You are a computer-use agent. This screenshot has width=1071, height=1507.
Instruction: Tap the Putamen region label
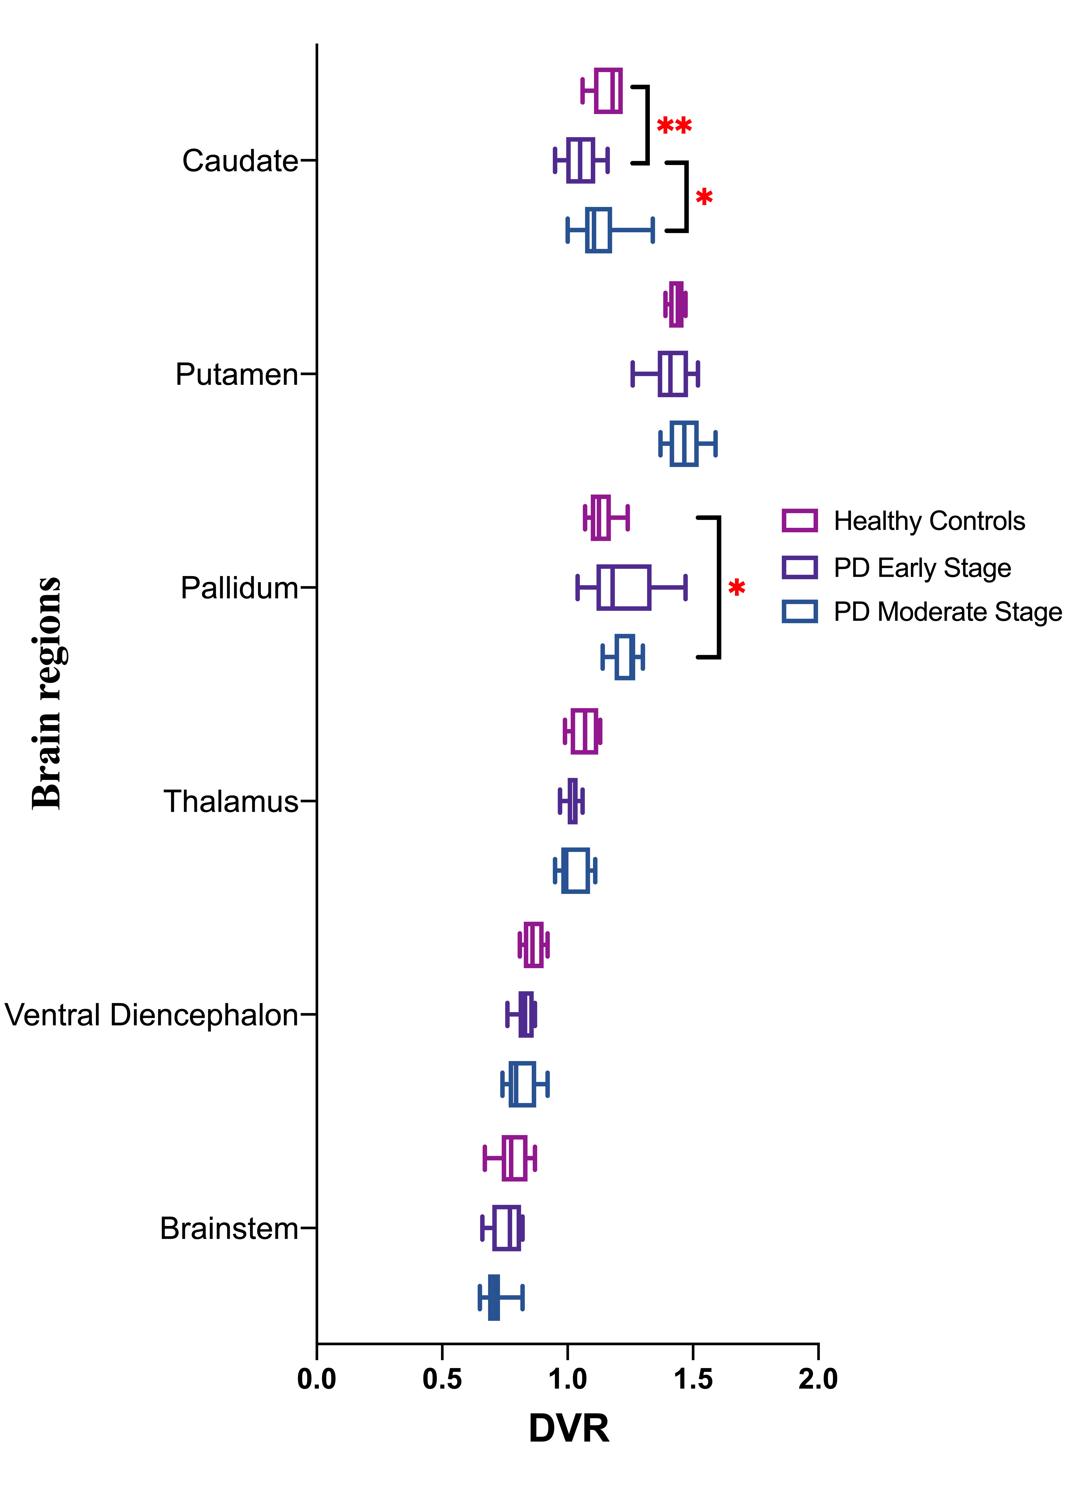(x=237, y=374)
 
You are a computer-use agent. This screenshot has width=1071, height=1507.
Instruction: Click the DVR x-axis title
(x=568, y=1429)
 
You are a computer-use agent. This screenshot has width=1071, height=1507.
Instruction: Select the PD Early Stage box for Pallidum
(x=624, y=587)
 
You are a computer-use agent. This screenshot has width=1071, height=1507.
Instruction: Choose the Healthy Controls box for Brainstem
(x=514, y=1158)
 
